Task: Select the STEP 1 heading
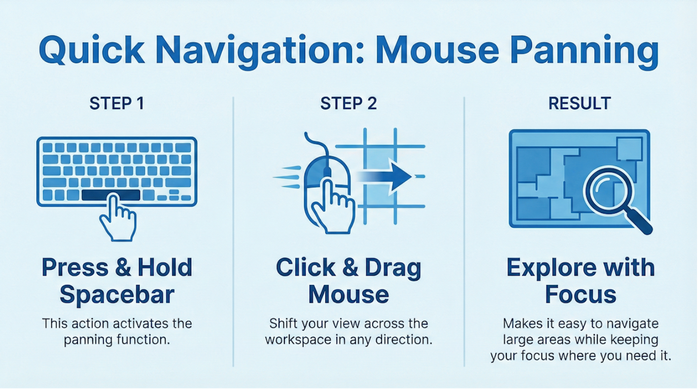117,104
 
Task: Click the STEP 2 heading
349,104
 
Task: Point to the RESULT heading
580,104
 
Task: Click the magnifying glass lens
608,191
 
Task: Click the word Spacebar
117,295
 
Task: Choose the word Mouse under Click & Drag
349,294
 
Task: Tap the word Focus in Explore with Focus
581,294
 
